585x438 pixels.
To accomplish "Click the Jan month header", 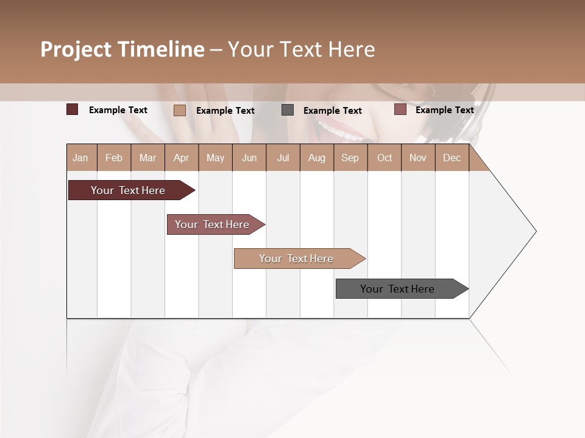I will pos(80,158).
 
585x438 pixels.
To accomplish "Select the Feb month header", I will pos(114,158).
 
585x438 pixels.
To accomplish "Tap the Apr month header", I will pos(181,158).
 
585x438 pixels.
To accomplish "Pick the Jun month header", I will pos(249,158).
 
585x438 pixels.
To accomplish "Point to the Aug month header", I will pos(316,158).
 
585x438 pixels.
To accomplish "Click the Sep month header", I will pos(350,158).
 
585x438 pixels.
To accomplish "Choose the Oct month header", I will pos(384,158).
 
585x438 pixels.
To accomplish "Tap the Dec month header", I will pos(452,158).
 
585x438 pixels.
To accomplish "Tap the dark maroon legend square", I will pos(72,109).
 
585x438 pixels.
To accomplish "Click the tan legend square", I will pos(179,110).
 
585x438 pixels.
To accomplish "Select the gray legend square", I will pos(288,110).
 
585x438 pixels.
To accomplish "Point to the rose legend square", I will pos(400,109).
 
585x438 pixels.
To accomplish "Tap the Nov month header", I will pos(417,158).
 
